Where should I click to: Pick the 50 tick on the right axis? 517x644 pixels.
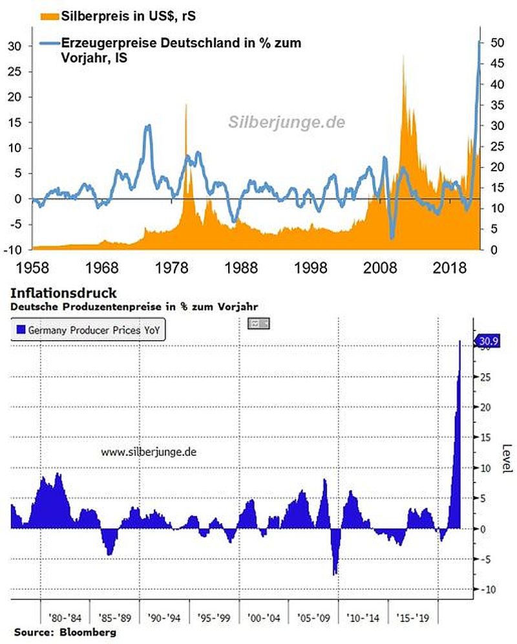pos(496,43)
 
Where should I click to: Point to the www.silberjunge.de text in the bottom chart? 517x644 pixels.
pos(148,453)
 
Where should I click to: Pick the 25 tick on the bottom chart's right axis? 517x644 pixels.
pos(485,377)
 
